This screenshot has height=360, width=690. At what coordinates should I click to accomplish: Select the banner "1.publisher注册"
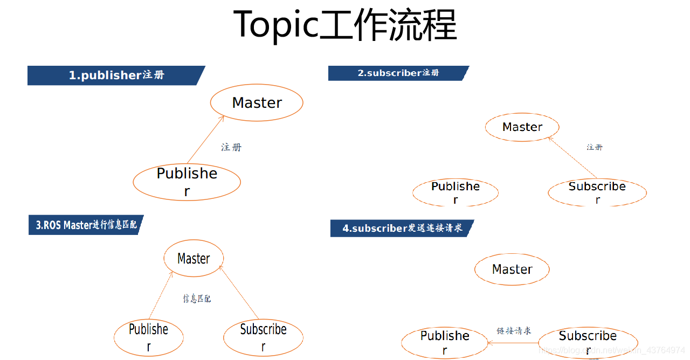[x=116, y=75]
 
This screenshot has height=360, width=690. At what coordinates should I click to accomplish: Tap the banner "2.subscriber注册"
[x=398, y=73]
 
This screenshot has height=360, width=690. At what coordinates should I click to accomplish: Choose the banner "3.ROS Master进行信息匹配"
[x=86, y=225]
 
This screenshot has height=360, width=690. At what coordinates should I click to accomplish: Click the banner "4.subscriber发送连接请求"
[x=402, y=228]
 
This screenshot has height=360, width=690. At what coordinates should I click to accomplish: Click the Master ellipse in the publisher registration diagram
[x=257, y=102]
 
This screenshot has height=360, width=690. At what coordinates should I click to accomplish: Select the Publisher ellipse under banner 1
[x=187, y=182]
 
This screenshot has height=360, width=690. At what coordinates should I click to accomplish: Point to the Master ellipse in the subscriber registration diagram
[x=522, y=127]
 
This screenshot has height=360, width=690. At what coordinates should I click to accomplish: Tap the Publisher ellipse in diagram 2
[x=456, y=192]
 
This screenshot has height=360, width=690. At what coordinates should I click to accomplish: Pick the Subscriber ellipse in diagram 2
[x=597, y=192]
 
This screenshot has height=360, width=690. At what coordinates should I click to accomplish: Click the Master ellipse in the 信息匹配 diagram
[x=194, y=259]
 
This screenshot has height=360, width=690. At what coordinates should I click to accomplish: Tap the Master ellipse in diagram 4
[x=512, y=269]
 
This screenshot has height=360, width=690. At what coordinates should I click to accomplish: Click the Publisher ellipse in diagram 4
[x=445, y=343]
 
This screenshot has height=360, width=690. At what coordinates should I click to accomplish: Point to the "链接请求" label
[x=514, y=330]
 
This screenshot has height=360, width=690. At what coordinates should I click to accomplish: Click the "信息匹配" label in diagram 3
[x=197, y=298]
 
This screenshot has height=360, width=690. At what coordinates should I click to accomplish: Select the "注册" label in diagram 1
[x=231, y=147]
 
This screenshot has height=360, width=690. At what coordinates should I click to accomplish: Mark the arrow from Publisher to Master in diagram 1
[x=205, y=139]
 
